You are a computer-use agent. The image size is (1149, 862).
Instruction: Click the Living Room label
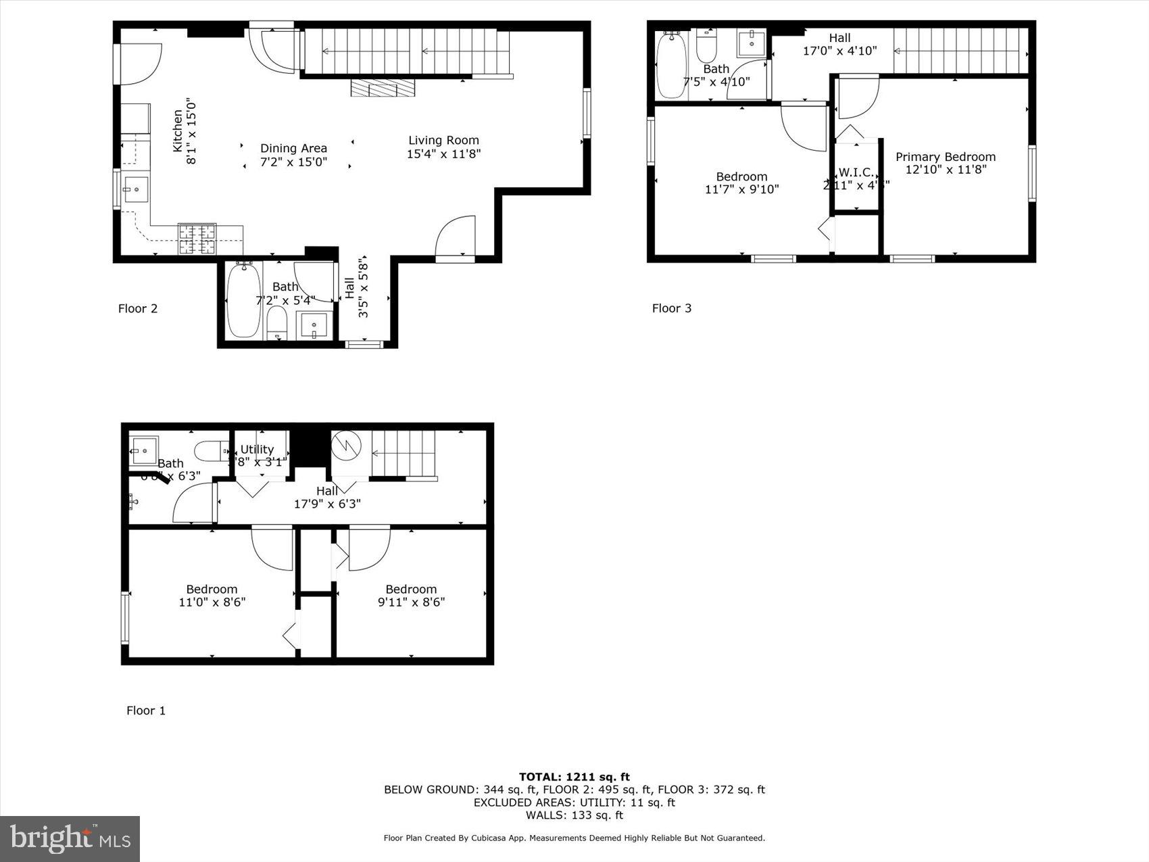click(x=443, y=141)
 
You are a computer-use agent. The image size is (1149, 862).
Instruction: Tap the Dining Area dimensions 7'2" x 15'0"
click(x=293, y=162)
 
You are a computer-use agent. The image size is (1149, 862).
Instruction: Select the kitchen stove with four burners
click(x=197, y=239)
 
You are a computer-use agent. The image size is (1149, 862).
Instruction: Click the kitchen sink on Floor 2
click(x=135, y=190)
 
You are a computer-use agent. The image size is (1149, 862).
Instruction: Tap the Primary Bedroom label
click(x=945, y=157)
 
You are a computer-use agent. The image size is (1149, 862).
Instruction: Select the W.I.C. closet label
click(x=856, y=172)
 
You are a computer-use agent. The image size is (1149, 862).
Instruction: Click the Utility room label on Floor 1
click(x=257, y=450)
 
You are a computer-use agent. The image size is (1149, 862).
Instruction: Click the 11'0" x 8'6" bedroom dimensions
click(x=212, y=602)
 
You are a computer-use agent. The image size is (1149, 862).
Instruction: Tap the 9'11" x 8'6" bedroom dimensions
click(x=411, y=602)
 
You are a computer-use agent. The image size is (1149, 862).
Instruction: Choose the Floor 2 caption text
click(x=138, y=308)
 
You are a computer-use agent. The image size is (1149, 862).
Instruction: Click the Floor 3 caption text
click(x=671, y=308)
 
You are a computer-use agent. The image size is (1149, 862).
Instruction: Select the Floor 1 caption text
click(x=146, y=711)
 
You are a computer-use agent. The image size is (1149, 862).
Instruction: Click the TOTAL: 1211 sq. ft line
click(x=574, y=777)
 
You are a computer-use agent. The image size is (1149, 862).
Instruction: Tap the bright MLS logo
click(x=70, y=838)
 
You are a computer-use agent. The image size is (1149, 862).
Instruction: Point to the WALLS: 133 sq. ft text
click(x=574, y=815)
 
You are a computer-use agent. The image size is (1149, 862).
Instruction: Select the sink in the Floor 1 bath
click(x=144, y=450)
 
